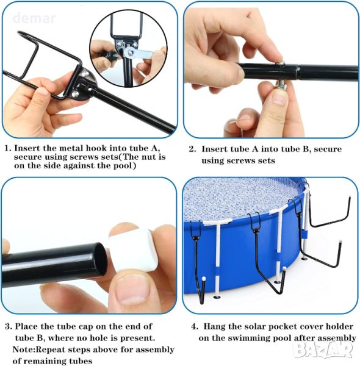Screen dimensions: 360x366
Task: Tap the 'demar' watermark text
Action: coord(34,18)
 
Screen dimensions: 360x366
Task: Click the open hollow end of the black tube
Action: coord(101,259)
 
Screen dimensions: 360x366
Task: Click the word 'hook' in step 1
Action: coord(96,148)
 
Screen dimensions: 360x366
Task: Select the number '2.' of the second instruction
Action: coord(193,149)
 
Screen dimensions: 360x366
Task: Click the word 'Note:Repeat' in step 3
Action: coord(35,350)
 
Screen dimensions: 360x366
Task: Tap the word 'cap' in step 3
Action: coord(85,326)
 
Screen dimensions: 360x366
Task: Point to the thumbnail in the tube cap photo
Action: coord(132,290)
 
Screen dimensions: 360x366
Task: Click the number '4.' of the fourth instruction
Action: coord(195,326)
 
